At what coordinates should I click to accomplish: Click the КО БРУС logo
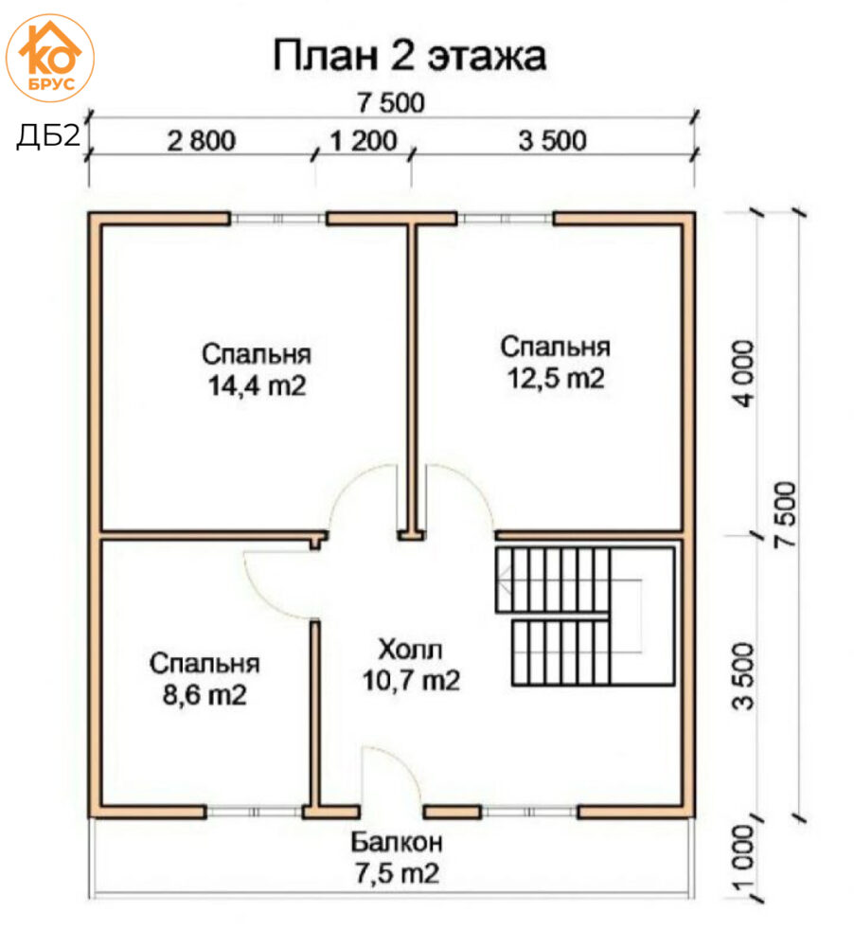tap(49, 58)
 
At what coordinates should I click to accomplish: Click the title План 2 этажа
tap(410, 56)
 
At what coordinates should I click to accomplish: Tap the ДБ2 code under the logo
tap(47, 135)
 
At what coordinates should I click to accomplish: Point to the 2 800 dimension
tap(201, 141)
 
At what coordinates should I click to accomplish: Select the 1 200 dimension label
tap(364, 141)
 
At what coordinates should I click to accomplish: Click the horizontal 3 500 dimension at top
tap(552, 141)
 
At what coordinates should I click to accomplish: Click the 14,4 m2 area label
tap(258, 385)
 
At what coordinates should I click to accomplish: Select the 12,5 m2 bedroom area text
tap(556, 378)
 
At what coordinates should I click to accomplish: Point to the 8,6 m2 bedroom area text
tap(205, 695)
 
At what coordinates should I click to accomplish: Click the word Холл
tap(410, 650)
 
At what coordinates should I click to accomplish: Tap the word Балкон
tap(397, 841)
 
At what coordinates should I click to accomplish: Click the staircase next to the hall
tap(584, 616)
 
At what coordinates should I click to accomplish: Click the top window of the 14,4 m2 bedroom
tap(278, 218)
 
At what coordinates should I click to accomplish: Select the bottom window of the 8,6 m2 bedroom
tap(255, 812)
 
